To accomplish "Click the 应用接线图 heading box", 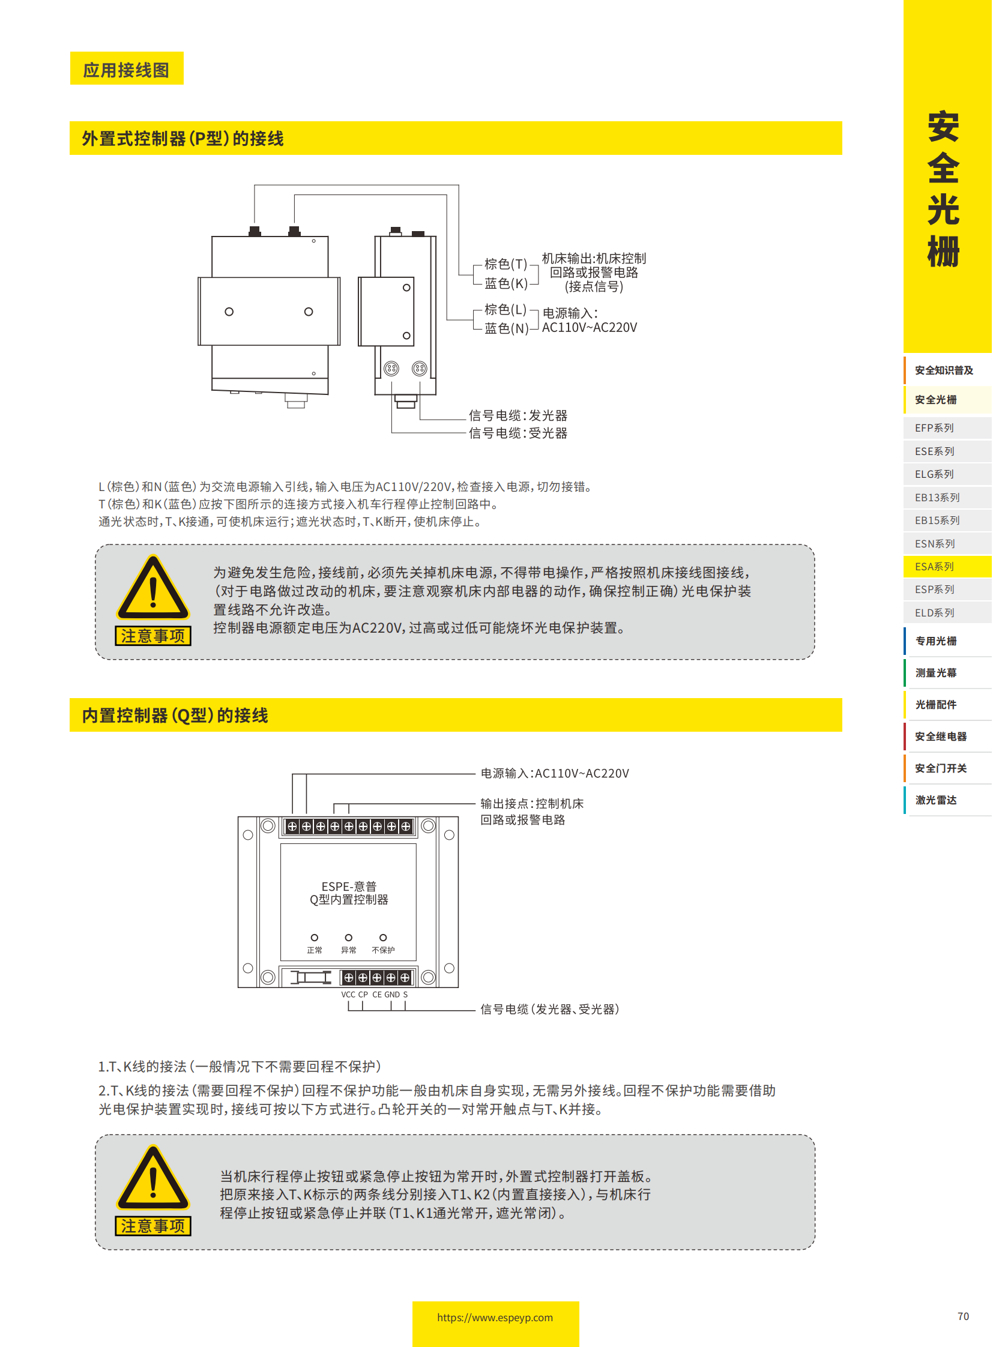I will click(126, 70).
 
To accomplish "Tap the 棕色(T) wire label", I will click(506, 264).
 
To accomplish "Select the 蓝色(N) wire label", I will click(506, 328).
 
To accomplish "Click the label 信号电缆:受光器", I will click(518, 433).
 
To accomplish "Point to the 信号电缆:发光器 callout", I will click(518, 415).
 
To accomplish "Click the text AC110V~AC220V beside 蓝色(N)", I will click(589, 328).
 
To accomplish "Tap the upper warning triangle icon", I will click(152, 588).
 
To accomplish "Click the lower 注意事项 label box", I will click(152, 1226).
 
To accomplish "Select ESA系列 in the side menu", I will click(934, 566).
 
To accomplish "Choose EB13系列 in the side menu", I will click(937, 497).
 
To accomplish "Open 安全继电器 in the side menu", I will click(940, 736).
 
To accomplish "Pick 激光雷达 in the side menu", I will click(935, 800).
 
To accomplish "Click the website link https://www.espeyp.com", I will click(495, 1317).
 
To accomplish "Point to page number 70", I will click(962, 1316).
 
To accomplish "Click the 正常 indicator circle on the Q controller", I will click(315, 937).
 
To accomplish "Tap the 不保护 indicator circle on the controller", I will click(383, 937).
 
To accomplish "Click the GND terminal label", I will click(392, 994).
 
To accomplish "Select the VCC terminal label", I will click(348, 994).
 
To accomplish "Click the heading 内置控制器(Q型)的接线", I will click(175, 715).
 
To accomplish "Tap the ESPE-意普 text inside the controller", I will click(349, 886).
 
